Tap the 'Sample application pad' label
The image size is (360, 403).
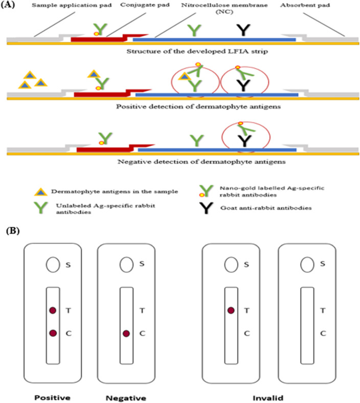pyautogui.click(x=50, y=6)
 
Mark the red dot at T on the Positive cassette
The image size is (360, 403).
pyautogui.click(x=52, y=310)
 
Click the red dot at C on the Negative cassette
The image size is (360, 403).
pyautogui.click(x=126, y=333)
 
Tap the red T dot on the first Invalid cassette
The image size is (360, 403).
pyautogui.click(x=231, y=310)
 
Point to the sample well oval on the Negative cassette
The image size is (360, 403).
pyautogui.click(x=126, y=264)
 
